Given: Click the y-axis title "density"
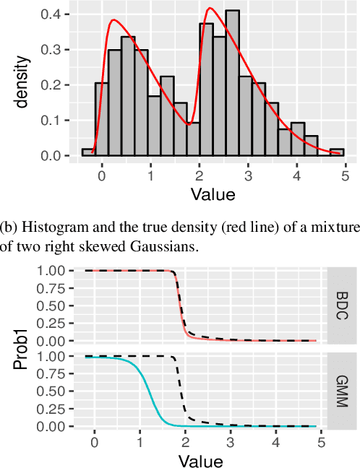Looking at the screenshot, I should tap(24, 81).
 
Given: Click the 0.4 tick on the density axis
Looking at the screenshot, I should tap(59, 14).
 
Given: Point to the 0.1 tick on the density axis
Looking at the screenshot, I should tap(59, 121).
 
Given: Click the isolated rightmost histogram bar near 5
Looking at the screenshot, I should tap(337, 152).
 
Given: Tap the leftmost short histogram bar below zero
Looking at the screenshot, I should tap(88, 152).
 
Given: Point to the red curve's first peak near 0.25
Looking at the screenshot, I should tap(114, 20).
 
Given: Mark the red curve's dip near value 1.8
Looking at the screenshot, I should tap(189, 123).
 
